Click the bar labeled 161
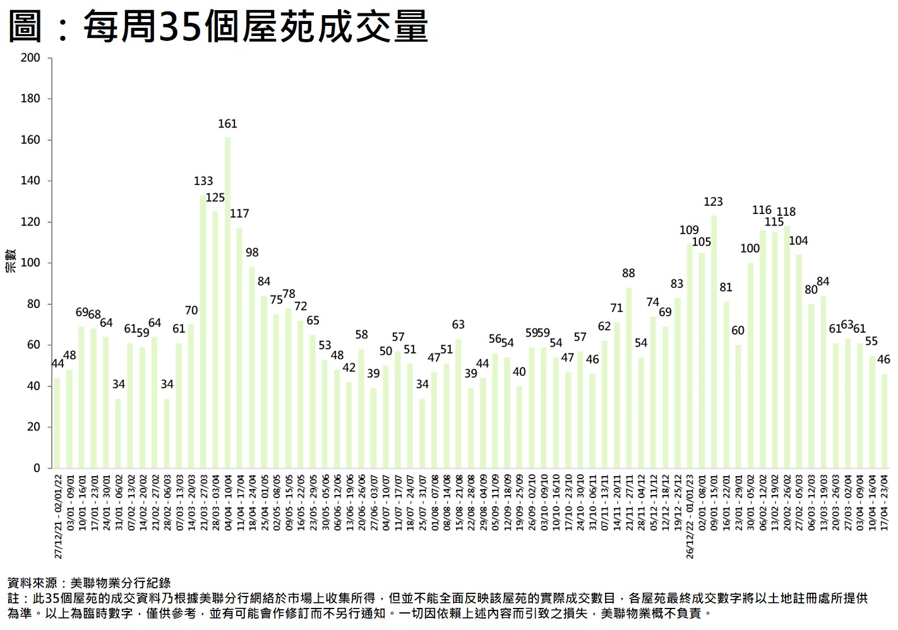coord(227,302)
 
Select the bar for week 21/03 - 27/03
coord(203,331)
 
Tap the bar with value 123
coord(714,342)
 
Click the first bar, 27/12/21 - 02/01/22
coord(57,423)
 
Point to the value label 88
coord(628,273)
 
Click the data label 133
coord(203,181)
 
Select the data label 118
coord(786,212)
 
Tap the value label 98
coord(252,253)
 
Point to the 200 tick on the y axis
coord(30,58)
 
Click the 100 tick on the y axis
coord(30,263)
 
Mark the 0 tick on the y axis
coord(37,468)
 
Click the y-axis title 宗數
coord(11,261)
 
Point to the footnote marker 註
coord(13,598)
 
